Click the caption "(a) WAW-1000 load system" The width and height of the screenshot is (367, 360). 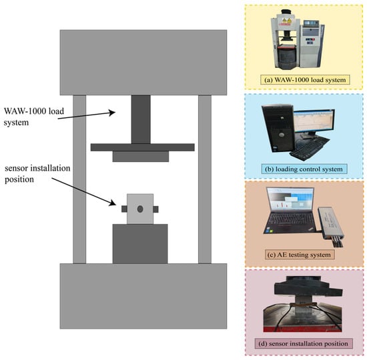click(x=305, y=80)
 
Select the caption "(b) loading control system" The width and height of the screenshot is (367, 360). click(x=304, y=169)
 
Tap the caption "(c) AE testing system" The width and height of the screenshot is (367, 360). click(x=300, y=255)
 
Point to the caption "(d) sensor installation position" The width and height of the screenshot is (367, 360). click(x=304, y=343)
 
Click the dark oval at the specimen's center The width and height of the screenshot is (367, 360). click(x=140, y=209)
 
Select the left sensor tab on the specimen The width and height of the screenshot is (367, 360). click(x=124, y=209)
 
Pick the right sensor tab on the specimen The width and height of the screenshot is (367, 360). click(x=156, y=209)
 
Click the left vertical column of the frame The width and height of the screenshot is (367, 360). click(x=79, y=179)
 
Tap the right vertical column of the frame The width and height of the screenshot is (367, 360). click(x=205, y=179)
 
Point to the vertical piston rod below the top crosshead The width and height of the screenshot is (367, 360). click(x=141, y=119)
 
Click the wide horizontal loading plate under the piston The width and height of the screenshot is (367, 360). click(x=143, y=147)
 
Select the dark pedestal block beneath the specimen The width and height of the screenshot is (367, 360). click(x=140, y=244)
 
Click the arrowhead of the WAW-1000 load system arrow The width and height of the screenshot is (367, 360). click(x=113, y=113)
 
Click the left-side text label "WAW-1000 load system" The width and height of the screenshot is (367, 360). click(x=34, y=117)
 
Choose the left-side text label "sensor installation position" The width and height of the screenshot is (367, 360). click(x=37, y=173)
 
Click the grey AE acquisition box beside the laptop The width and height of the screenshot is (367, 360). click(x=331, y=223)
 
